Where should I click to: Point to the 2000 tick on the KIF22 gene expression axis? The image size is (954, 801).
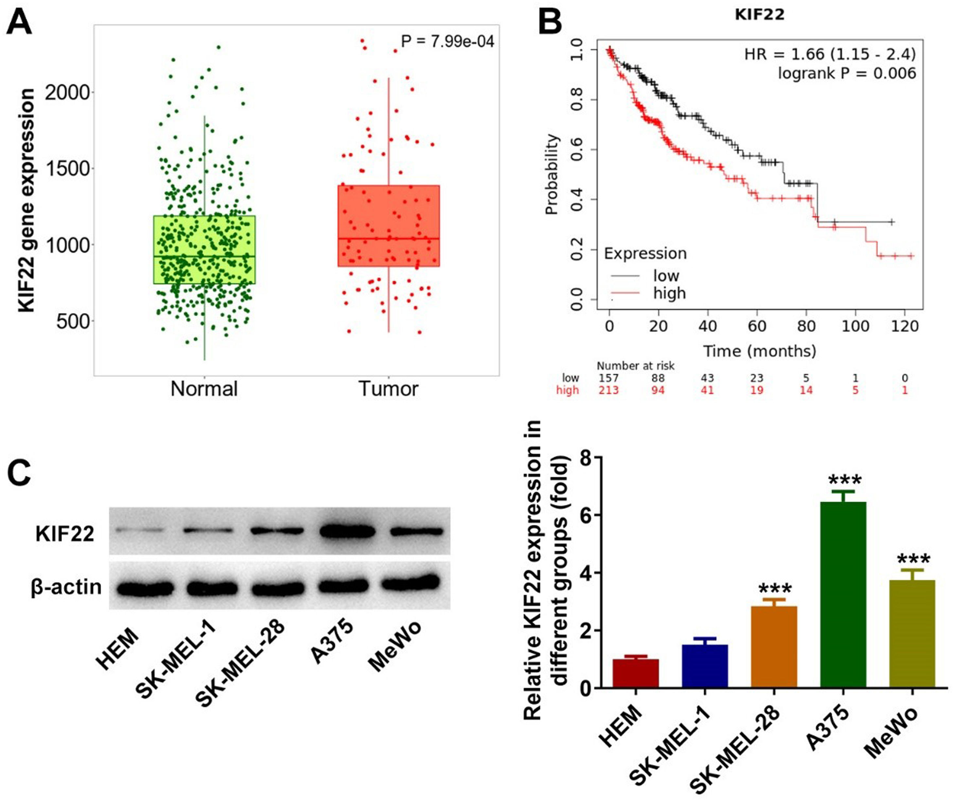[68, 93]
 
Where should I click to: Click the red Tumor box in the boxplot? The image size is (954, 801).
[389, 226]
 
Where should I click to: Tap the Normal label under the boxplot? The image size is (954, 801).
[204, 389]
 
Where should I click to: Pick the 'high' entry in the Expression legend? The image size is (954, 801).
[669, 293]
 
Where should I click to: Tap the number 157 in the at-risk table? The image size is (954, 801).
[608, 378]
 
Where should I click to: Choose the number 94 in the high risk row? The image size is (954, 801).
[657, 390]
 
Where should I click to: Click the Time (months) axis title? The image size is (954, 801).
[759, 351]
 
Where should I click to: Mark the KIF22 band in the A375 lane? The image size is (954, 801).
[347, 531]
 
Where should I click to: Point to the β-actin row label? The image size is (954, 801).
[66, 587]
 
